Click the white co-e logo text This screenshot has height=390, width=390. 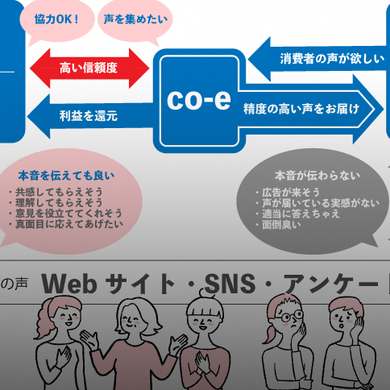(x=199, y=99)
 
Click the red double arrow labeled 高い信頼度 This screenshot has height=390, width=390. (x=89, y=68)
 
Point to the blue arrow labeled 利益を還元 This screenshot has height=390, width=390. (x=90, y=116)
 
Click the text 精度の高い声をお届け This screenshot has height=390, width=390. (x=301, y=109)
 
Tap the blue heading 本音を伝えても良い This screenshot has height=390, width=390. (x=66, y=176)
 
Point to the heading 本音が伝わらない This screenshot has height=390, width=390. (x=317, y=176)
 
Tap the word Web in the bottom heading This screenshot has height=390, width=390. (x=69, y=284)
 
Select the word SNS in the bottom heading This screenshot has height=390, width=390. (x=230, y=284)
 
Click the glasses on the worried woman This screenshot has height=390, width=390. (x=288, y=316)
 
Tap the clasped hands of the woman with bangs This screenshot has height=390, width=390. (x=203, y=362)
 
